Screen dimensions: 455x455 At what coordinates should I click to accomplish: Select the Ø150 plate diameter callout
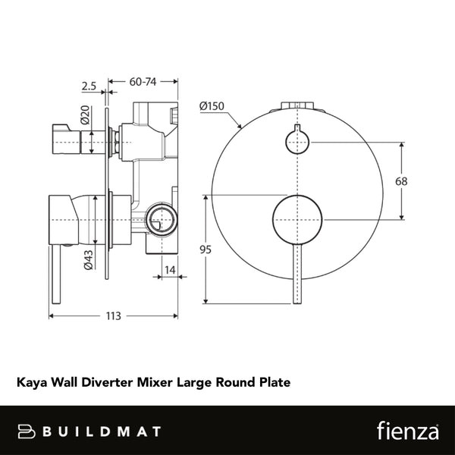(x=212, y=107)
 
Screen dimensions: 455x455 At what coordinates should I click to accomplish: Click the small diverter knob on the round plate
(x=297, y=140)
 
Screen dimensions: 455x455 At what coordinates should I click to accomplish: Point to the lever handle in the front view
(x=297, y=273)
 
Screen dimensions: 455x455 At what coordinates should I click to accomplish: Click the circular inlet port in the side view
(x=160, y=221)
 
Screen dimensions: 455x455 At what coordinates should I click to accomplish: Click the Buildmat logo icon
(x=28, y=431)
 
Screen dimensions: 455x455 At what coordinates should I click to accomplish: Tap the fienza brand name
(x=407, y=431)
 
